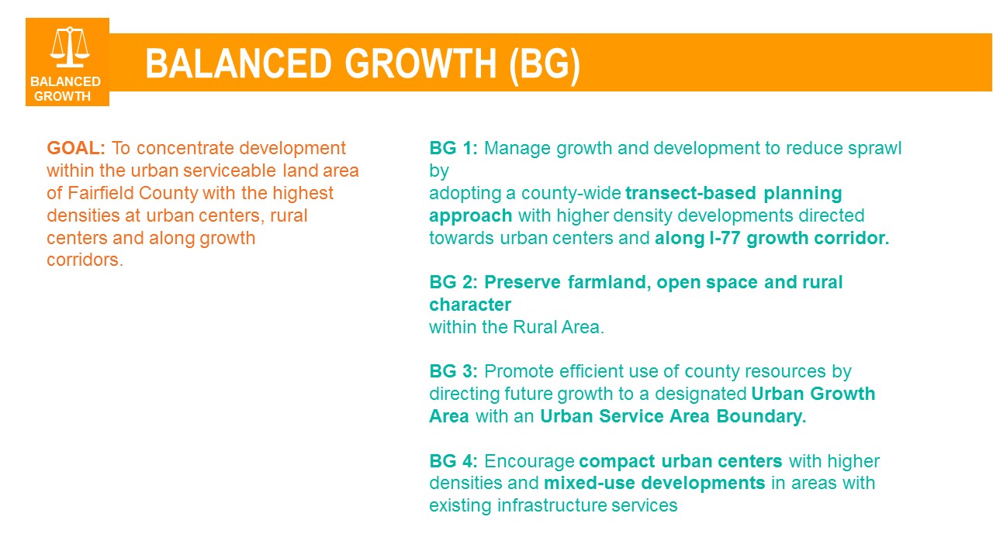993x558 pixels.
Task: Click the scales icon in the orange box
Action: [70, 47]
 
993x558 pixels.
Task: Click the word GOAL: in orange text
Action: [76, 148]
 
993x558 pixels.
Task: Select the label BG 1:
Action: [453, 148]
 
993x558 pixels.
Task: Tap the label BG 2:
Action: [453, 282]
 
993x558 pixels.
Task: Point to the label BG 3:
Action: [453, 371]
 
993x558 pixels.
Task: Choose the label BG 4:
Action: [453, 461]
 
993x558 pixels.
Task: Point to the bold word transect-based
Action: [690, 193]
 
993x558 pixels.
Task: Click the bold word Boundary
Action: [761, 417]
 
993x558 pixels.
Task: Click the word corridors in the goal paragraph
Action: [85, 260]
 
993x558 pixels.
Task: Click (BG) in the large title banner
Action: [545, 64]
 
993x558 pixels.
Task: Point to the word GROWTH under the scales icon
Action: [62, 96]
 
